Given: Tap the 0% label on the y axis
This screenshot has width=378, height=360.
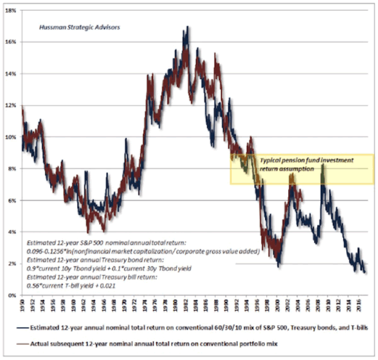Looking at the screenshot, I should (13, 296).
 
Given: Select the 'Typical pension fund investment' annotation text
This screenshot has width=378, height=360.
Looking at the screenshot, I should (306, 160).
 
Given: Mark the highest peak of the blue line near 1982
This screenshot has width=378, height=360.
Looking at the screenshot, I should (187, 27).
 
